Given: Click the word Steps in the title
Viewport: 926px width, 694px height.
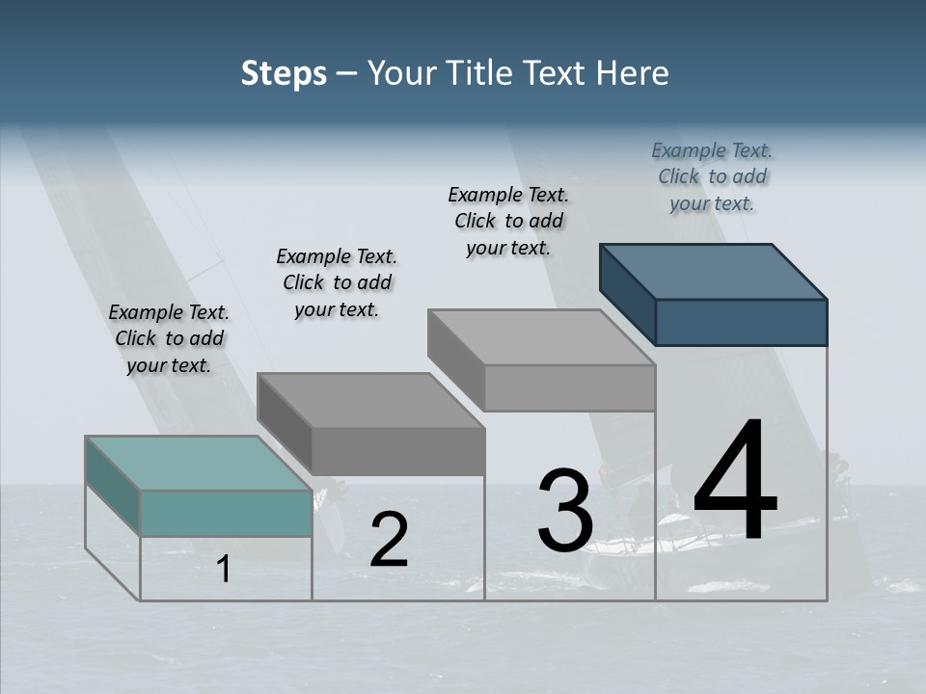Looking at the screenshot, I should point(284,73).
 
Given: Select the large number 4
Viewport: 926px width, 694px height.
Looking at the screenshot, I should point(735,482).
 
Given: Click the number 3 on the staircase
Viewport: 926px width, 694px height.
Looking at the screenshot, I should point(565,511).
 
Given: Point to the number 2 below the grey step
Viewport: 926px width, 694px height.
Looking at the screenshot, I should point(389,540).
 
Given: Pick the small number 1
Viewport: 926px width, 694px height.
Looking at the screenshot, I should point(224,570).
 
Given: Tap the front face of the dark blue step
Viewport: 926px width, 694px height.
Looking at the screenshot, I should point(741,322).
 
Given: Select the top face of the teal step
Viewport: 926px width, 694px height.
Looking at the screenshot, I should point(199,463).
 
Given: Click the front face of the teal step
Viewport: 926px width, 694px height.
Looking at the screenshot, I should point(226,513).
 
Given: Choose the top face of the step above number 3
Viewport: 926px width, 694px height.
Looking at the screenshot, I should point(541,337).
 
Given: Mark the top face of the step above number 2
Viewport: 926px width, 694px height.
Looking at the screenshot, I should point(370,400).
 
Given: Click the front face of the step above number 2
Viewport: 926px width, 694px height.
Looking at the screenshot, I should point(397,451).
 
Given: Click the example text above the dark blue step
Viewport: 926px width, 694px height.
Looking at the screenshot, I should point(712,176).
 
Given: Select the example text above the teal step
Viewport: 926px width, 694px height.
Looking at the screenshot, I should point(169,338).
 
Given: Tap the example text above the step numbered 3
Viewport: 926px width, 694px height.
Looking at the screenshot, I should point(508,221).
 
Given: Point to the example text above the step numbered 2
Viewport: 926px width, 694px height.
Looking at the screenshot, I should point(337,282).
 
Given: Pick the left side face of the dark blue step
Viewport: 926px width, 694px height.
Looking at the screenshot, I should point(627,294).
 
